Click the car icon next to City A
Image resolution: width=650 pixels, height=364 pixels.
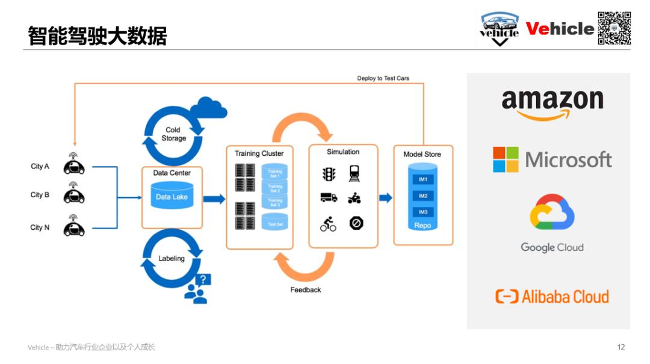pyautogui.click(x=74, y=166)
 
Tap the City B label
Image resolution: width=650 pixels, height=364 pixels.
pyautogui.click(x=40, y=195)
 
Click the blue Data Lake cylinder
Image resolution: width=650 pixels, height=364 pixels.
pyautogui.click(x=172, y=196)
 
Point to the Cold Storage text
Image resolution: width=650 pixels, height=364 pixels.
pyautogui.click(x=173, y=134)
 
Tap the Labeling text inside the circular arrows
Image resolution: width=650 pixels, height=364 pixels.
pyautogui.click(x=172, y=259)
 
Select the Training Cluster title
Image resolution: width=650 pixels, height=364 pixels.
pyautogui.click(x=259, y=153)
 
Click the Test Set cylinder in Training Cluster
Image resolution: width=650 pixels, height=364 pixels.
pyautogui.click(x=275, y=224)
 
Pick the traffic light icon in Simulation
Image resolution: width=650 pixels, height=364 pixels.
pyautogui.click(x=328, y=174)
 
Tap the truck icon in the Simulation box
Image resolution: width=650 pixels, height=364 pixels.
pyautogui.click(x=329, y=197)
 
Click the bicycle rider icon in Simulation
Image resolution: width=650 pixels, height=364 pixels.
pyautogui.click(x=328, y=224)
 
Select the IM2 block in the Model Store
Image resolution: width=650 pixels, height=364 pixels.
pyautogui.click(x=422, y=196)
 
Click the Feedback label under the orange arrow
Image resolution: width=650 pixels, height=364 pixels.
pyautogui.click(x=306, y=290)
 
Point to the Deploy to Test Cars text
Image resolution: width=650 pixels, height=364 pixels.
pyautogui.click(x=383, y=78)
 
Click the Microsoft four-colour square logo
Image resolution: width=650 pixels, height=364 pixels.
pyautogui.click(x=506, y=159)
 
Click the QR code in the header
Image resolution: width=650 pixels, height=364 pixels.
pyautogui.click(x=614, y=28)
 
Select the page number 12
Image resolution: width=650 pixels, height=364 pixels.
pyautogui.click(x=621, y=347)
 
